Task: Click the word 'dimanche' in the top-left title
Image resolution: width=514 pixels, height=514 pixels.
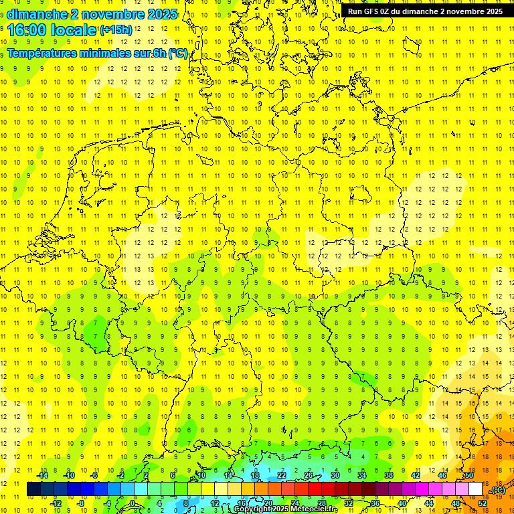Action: pyautogui.click(x=35, y=14)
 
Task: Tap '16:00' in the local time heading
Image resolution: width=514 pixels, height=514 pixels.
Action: pyautogui.click(x=25, y=29)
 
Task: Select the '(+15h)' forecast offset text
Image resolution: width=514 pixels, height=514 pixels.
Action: pyautogui.click(x=116, y=29)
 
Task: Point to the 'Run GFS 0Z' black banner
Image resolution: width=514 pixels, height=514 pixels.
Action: pyautogui.click(x=425, y=11)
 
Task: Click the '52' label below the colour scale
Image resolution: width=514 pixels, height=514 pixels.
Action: pyautogui.click(x=483, y=503)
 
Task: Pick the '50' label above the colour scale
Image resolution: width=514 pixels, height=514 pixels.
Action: pyautogui.click(x=469, y=475)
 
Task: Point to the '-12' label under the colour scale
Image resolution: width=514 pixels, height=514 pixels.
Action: pyautogui.click(x=56, y=503)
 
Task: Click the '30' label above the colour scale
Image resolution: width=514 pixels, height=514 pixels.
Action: pyautogui.click(x=335, y=475)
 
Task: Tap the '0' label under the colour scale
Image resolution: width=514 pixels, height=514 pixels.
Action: pyautogui.click(x=133, y=503)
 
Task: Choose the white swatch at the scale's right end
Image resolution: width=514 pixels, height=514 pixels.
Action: pyautogui.click(x=476, y=489)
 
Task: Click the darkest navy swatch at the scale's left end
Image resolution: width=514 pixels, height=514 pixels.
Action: pyautogui.click(x=33, y=489)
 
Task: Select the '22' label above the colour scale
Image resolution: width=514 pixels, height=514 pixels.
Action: pyautogui.click(x=282, y=475)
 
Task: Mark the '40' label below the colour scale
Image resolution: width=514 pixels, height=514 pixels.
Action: pyautogui.click(x=402, y=503)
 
